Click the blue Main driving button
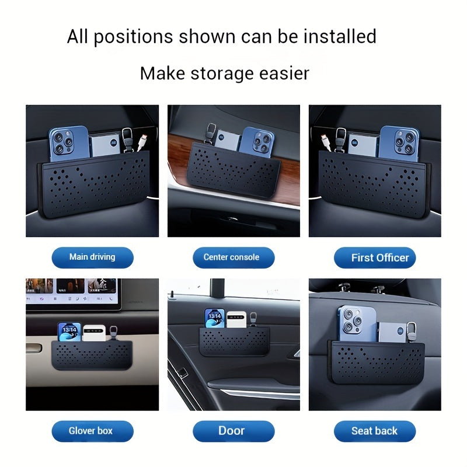tap(92, 257)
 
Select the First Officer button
tap(375, 257)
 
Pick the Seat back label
tap(375, 431)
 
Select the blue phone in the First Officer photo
tap(399, 144)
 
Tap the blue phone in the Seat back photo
tap(357, 324)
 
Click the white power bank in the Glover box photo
tap(93, 333)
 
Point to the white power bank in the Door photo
tap(236, 319)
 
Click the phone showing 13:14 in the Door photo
tap(215, 318)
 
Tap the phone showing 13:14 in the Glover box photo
tap(69, 332)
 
